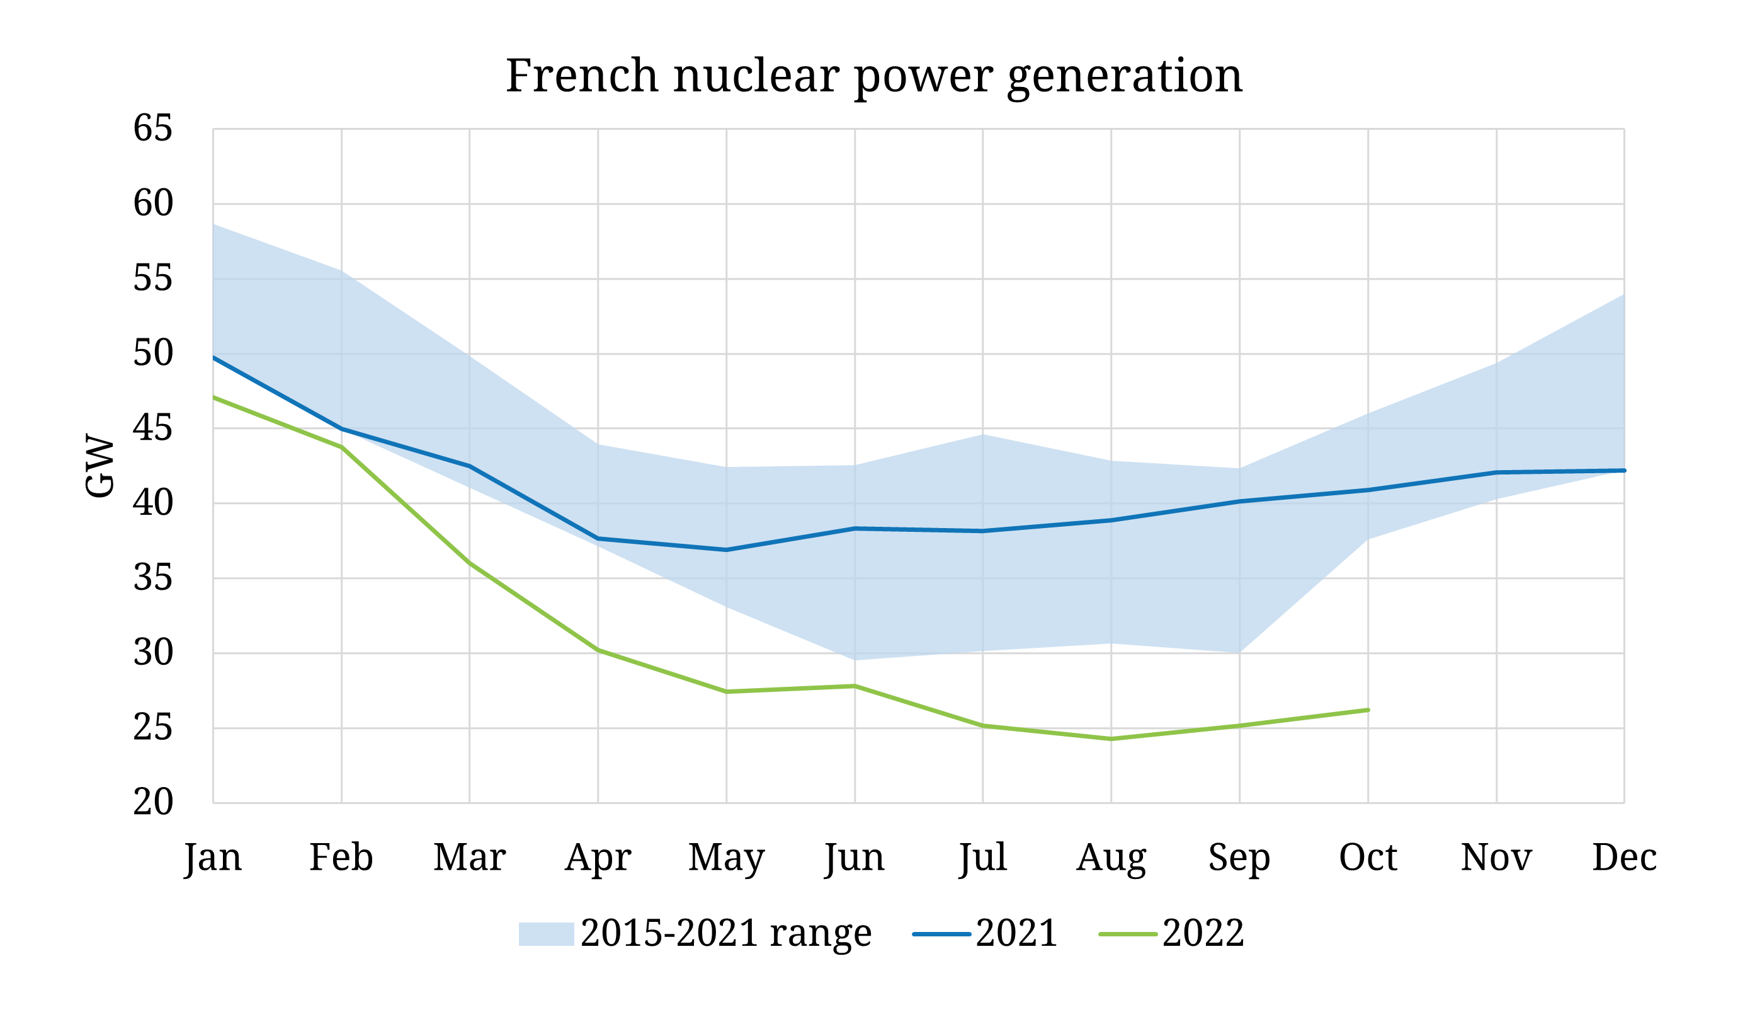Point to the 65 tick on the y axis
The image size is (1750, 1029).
(153, 129)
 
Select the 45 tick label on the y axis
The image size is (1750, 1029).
(153, 428)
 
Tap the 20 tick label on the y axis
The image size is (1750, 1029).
(153, 803)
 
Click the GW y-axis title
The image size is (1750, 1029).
(99, 466)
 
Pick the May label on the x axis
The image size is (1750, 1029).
(727, 858)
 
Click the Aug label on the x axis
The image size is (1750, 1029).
(1111, 858)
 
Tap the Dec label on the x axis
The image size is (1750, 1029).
(1624, 858)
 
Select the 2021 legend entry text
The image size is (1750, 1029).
(1016, 933)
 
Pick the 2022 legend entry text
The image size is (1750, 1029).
(1203, 933)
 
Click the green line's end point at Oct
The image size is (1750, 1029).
(1368, 710)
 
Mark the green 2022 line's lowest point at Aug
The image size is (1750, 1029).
(1111, 739)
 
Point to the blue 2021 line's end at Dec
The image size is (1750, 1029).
(1624, 470)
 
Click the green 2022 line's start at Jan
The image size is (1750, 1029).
(214, 397)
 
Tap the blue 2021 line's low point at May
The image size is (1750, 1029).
(727, 549)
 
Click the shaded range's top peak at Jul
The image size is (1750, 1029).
(982, 435)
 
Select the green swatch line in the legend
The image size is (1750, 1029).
(1128, 934)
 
